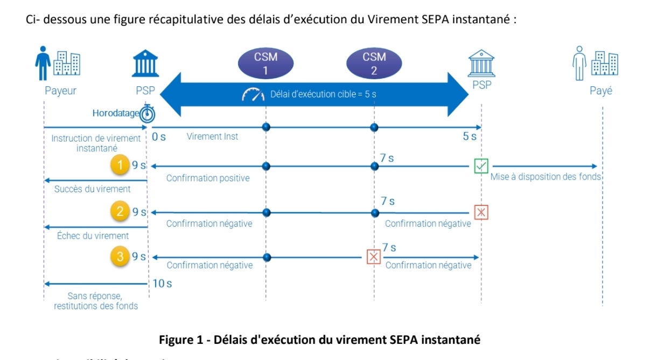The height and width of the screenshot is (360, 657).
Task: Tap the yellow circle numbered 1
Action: (119, 165)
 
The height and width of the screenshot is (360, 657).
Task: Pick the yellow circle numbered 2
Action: (119, 211)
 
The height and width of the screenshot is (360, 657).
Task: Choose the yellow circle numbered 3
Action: (119, 257)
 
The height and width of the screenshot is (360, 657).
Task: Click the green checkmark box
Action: (481, 165)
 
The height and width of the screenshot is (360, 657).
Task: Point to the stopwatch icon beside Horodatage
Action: (147, 113)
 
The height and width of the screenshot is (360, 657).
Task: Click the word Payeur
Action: (60, 91)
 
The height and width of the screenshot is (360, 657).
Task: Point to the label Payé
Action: (601, 91)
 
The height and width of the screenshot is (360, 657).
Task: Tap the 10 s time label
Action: (162, 283)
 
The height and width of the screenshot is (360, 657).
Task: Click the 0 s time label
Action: (159, 137)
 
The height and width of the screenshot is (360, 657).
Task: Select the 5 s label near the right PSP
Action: (470, 136)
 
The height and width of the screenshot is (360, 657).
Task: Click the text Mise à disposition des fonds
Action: (546, 177)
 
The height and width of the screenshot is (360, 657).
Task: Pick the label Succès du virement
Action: (93, 189)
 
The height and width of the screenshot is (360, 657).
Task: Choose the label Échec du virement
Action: (93, 236)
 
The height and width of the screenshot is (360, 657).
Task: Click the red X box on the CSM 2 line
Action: (373, 257)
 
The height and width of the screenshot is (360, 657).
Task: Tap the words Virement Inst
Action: (212, 136)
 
